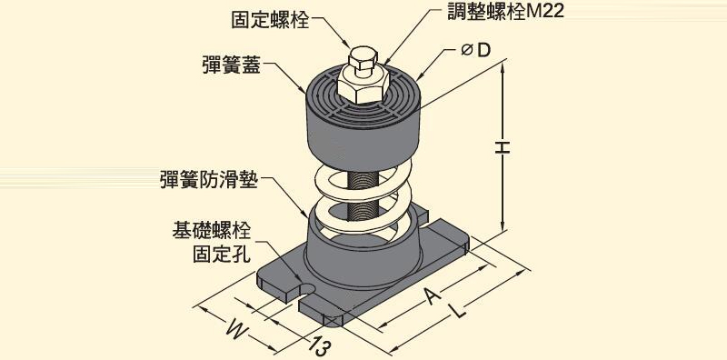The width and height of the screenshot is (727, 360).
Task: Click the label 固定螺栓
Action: click(270, 19)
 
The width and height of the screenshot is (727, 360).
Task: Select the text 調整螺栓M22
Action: click(505, 11)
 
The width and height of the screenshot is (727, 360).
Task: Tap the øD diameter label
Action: click(475, 50)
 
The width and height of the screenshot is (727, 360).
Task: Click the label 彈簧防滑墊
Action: click(208, 180)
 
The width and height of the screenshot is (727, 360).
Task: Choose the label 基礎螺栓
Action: click(212, 231)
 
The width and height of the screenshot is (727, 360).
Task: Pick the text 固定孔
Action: click(222, 255)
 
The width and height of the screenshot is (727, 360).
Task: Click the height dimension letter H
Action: click(503, 148)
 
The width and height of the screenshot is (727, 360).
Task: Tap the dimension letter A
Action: click(433, 295)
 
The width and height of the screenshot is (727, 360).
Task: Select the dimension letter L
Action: click(458, 310)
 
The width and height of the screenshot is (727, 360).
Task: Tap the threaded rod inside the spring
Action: click(363, 195)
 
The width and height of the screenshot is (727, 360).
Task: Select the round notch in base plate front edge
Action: click(306, 289)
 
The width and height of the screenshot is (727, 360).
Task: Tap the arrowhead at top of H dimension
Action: click(503, 68)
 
